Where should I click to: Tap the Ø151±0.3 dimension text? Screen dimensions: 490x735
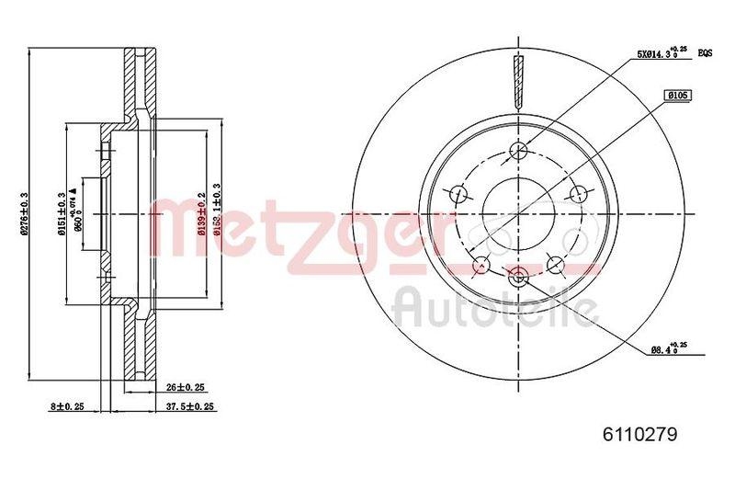(62, 214)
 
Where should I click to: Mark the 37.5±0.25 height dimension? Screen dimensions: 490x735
(190, 405)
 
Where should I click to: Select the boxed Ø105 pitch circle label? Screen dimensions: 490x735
(678, 94)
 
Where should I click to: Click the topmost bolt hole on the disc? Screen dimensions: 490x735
(518, 151)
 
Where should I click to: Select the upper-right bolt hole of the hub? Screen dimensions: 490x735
(578, 193)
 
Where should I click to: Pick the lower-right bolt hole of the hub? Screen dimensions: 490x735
(555, 264)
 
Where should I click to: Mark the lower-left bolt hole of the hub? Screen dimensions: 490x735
(480, 265)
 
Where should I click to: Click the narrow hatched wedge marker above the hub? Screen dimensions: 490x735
(518, 80)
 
